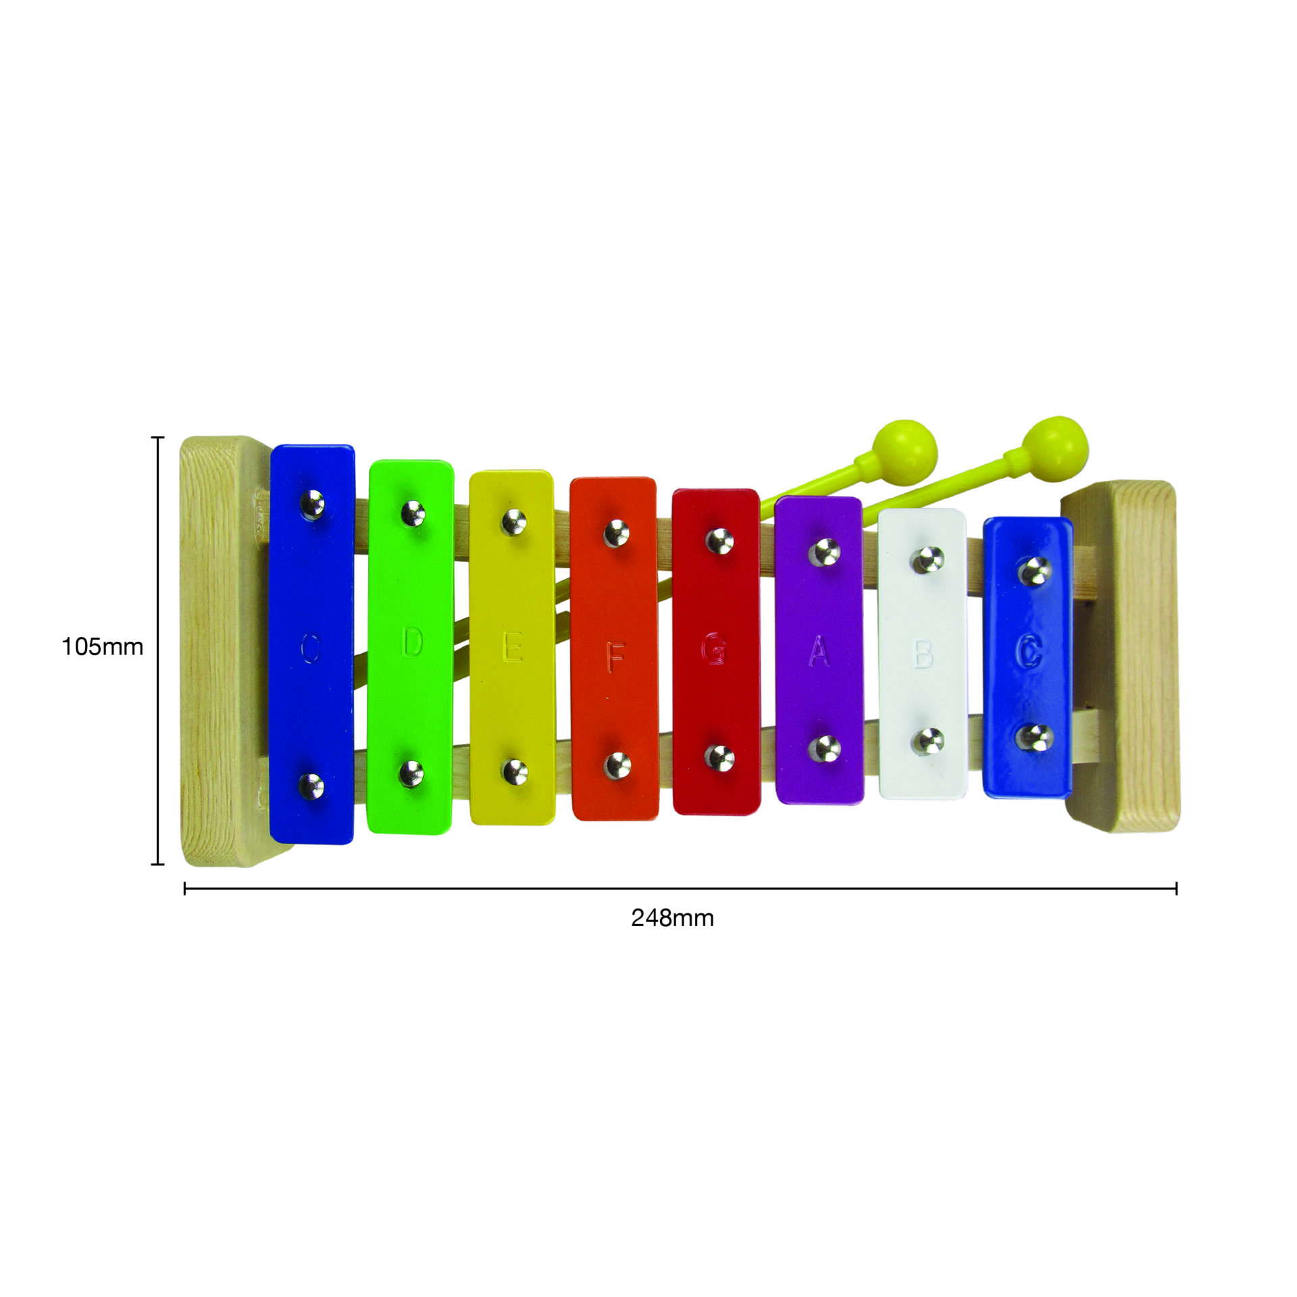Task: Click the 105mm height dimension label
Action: (x=103, y=647)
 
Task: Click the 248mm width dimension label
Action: (x=672, y=918)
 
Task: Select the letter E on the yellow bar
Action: (x=513, y=649)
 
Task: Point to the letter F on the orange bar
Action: (x=615, y=657)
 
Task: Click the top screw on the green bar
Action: (x=413, y=513)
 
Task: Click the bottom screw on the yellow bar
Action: (x=515, y=771)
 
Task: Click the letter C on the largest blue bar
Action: (x=310, y=648)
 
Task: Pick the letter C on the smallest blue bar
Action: (x=1027, y=651)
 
